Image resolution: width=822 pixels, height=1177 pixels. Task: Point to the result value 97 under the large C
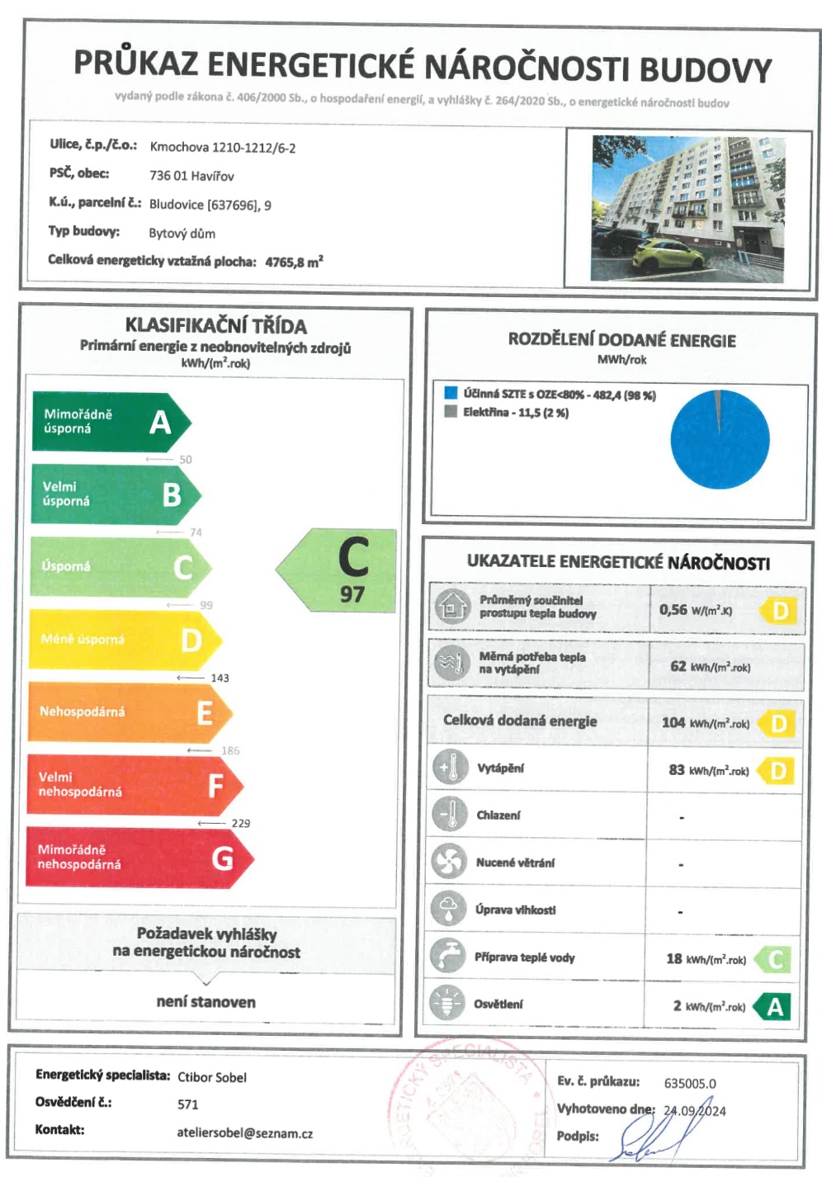[352, 594]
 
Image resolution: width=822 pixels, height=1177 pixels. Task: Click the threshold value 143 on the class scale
[220, 678]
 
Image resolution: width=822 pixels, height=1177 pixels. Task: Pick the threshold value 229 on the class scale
[240, 823]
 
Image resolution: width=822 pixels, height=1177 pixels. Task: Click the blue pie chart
[720, 440]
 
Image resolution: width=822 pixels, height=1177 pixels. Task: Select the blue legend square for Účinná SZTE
[451, 393]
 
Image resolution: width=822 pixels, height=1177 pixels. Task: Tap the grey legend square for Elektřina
[451, 411]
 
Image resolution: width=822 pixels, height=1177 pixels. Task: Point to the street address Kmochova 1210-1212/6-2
[223, 148]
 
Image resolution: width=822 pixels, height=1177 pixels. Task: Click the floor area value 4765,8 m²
[294, 262]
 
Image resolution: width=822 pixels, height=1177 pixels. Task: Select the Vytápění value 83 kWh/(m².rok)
[708, 770]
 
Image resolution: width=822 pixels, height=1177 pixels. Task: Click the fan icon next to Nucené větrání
[449, 862]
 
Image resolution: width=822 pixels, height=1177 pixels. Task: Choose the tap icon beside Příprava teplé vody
[448, 957]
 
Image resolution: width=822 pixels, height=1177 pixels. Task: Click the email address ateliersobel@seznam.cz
[244, 1133]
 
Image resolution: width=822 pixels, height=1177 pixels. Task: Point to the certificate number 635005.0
[690, 1083]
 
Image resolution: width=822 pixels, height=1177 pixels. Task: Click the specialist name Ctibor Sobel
[212, 1077]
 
